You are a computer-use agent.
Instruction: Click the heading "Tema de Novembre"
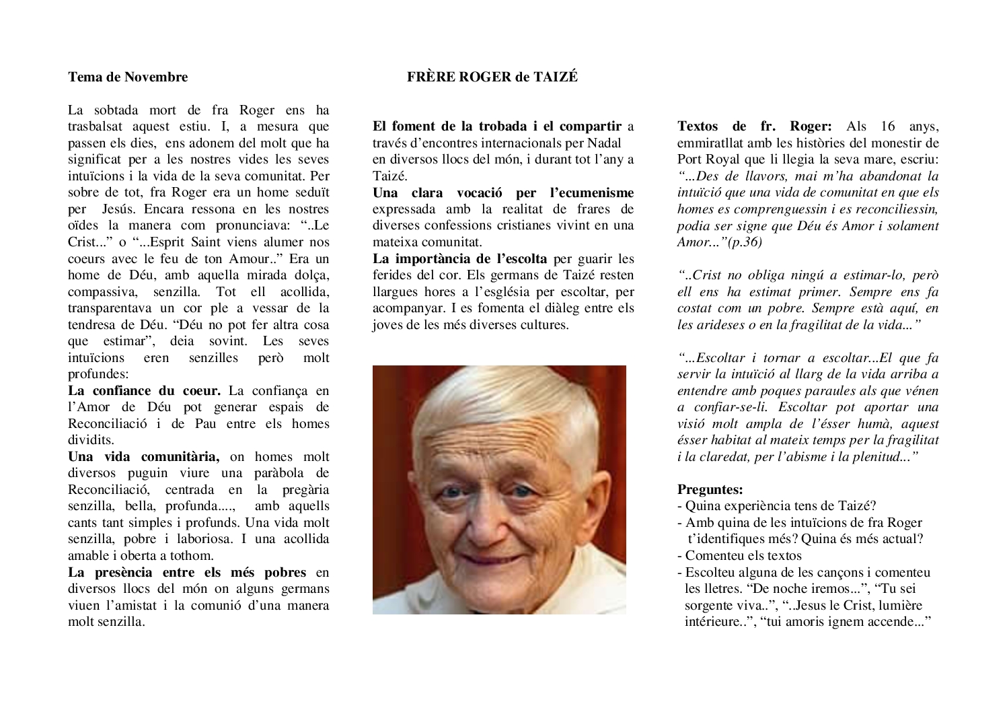[128, 77]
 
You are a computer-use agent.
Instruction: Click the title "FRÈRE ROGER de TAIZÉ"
[492, 77]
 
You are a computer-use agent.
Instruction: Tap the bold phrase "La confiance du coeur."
[144, 390]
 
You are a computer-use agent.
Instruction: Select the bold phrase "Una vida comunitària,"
[144, 456]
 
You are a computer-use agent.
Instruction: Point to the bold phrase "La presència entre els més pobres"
[187, 572]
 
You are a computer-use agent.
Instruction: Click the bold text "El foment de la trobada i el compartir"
[497, 126]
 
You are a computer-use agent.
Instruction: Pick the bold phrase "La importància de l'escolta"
[460, 258]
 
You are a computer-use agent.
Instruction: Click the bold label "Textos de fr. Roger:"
[754, 126]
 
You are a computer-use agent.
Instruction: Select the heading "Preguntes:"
[710, 489]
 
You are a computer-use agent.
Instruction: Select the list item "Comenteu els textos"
[743, 555]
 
